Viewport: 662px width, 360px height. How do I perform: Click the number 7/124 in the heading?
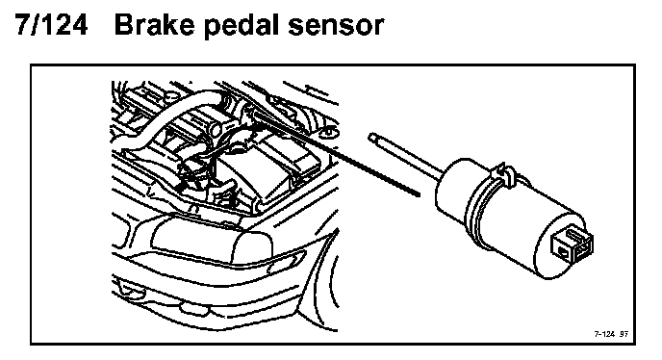(x=52, y=25)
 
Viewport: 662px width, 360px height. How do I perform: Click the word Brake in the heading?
(x=154, y=25)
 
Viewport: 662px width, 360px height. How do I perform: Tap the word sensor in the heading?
(x=337, y=27)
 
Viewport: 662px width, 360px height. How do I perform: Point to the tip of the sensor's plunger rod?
(x=372, y=137)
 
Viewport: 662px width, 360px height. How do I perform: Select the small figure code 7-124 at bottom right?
(x=604, y=334)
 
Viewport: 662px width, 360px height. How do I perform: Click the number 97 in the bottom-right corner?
(x=624, y=334)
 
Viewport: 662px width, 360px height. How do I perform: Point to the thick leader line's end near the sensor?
(x=419, y=194)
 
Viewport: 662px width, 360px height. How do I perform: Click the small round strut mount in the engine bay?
(x=329, y=133)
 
